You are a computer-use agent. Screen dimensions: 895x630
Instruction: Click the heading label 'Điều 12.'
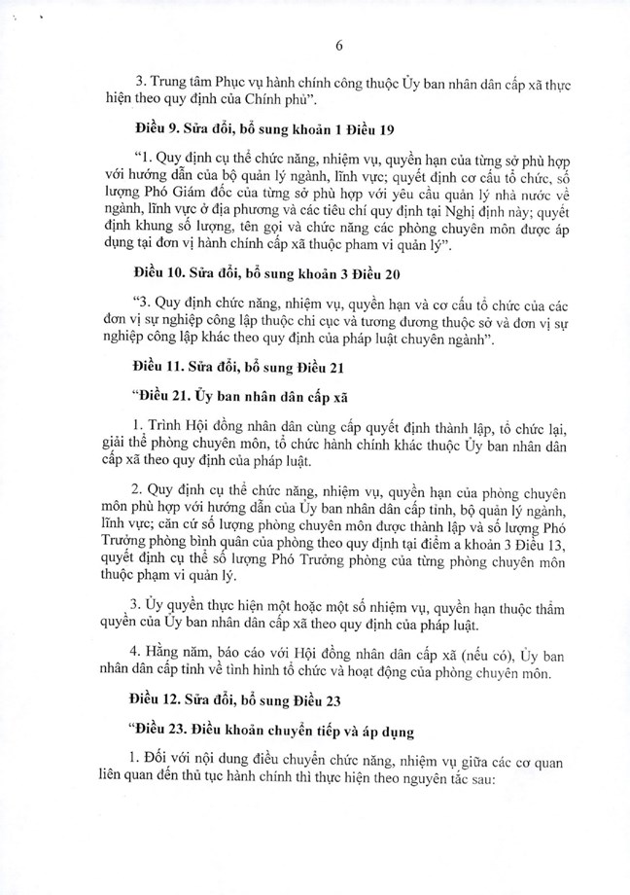pos(156,700)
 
